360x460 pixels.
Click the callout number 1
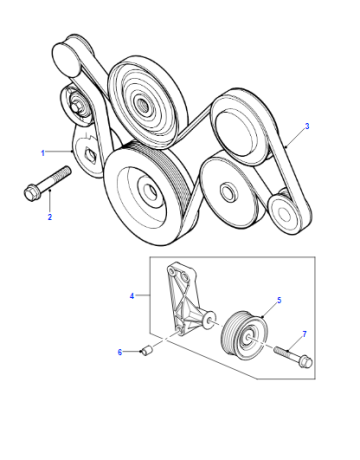click(x=43, y=153)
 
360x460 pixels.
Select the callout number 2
click(x=50, y=217)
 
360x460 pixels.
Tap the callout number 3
click(x=307, y=126)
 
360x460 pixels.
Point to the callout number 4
click(x=132, y=296)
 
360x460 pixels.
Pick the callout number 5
click(x=279, y=300)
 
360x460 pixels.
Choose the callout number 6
click(x=120, y=352)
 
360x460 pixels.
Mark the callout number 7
click(x=304, y=334)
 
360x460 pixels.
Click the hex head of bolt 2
click(x=30, y=193)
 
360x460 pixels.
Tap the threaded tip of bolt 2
click(x=68, y=170)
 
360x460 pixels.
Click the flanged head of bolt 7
click(x=306, y=361)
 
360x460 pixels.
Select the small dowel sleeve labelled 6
click(x=147, y=350)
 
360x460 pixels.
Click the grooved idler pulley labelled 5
click(x=244, y=336)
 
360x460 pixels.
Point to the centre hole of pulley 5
click(x=248, y=338)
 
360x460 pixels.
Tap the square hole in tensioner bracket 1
click(x=90, y=154)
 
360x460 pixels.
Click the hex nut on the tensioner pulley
click(x=76, y=107)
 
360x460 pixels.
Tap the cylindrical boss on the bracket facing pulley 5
click(x=210, y=320)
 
